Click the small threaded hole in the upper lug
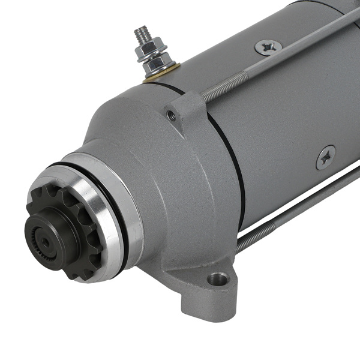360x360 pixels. pos(172,116)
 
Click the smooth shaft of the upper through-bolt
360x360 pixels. pos(300,45)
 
